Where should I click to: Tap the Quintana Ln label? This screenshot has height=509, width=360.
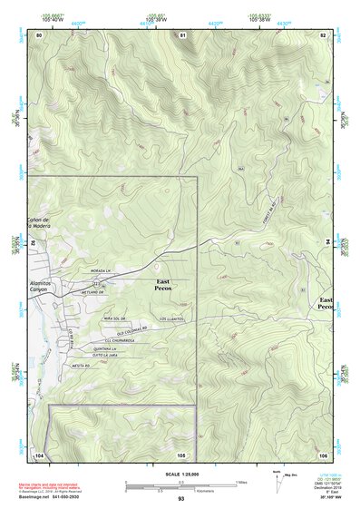(104, 349)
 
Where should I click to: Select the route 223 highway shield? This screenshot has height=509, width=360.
(96, 282)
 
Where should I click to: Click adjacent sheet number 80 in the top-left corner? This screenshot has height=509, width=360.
(39, 34)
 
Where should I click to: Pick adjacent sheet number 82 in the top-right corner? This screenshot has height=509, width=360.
(322, 34)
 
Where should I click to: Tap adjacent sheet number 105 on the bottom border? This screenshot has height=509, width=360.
(181, 454)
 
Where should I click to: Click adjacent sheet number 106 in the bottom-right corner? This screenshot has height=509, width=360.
(322, 454)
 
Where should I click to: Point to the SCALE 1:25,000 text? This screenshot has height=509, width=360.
(180, 475)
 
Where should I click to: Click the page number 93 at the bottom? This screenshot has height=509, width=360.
(180, 500)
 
